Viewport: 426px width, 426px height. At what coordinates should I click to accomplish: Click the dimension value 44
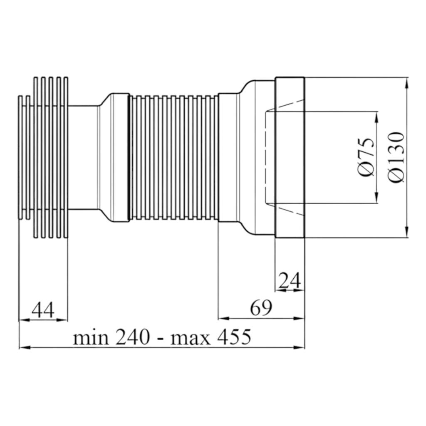tap(43, 310)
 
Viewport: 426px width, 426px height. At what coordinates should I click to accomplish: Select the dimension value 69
tap(261, 308)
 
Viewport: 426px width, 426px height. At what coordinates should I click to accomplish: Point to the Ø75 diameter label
tap(367, 157)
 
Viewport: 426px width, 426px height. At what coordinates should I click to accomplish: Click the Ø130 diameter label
tap(396, 157)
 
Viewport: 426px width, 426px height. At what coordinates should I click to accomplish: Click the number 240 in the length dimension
tap(133, 337)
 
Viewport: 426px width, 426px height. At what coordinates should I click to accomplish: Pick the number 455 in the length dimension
tap(234, 337)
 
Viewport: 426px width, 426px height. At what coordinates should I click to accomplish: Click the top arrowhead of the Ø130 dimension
tap(406, 83)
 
